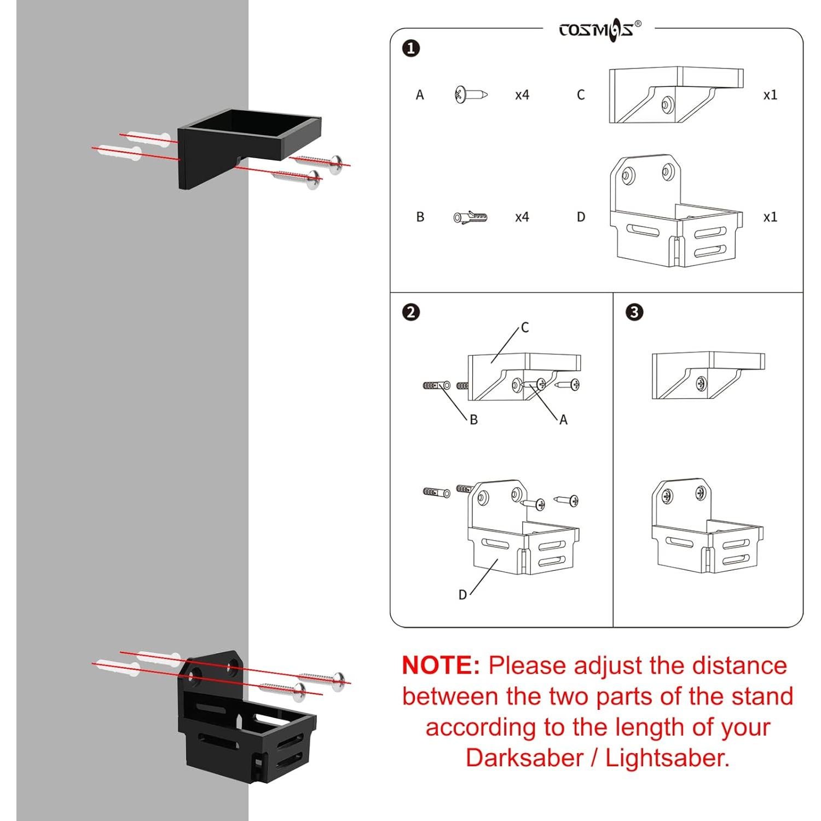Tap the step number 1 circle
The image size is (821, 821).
[411, 48]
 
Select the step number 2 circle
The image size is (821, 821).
[411, 312]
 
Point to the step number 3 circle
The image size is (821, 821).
[634, 312]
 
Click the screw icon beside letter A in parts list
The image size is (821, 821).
[471, 95]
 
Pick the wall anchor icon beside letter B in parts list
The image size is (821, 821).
[471, 217]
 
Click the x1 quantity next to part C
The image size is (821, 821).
[770, 95]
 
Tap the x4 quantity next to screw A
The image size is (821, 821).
[522, 95]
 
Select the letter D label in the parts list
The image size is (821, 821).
[581, 217]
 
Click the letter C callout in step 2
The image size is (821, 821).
[525, 327]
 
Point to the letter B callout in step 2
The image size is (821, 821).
[473, 420]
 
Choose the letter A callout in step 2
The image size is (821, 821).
[563, 420]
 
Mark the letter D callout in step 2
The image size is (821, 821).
[462, 594]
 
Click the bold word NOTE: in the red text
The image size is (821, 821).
[441, 666]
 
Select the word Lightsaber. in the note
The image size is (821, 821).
[668, 758]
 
